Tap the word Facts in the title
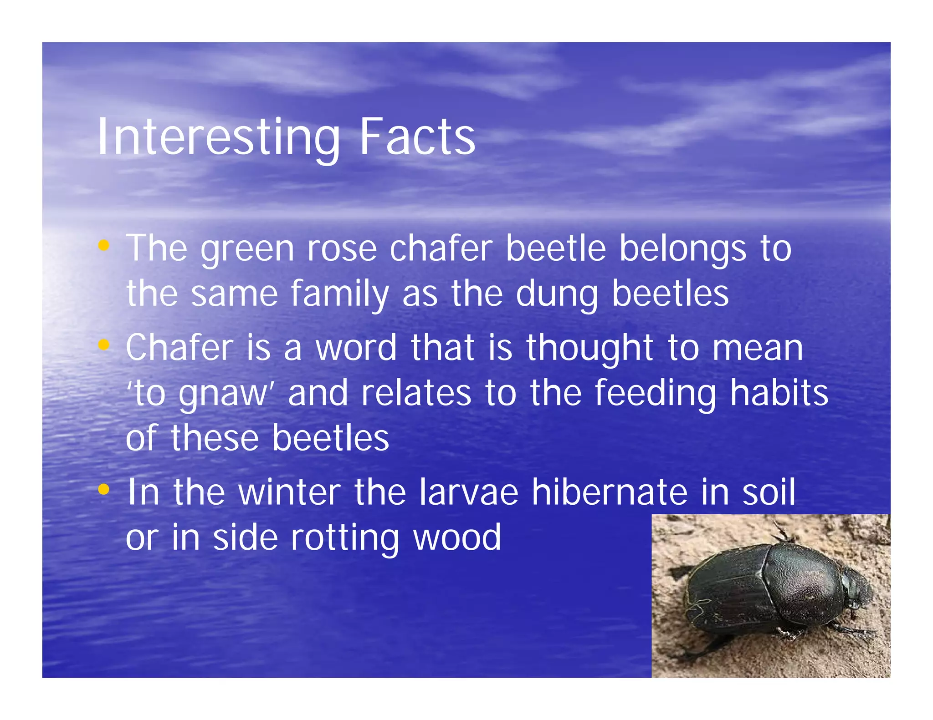[x=417, y=137]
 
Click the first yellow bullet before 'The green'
[x=104, y=246]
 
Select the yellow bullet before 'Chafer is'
[x=104, y=345]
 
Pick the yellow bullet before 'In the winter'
[x=104, y=489]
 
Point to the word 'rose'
[x=342, y=249]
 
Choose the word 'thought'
[x=590, y=348]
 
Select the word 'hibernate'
[x=610, y=492]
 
